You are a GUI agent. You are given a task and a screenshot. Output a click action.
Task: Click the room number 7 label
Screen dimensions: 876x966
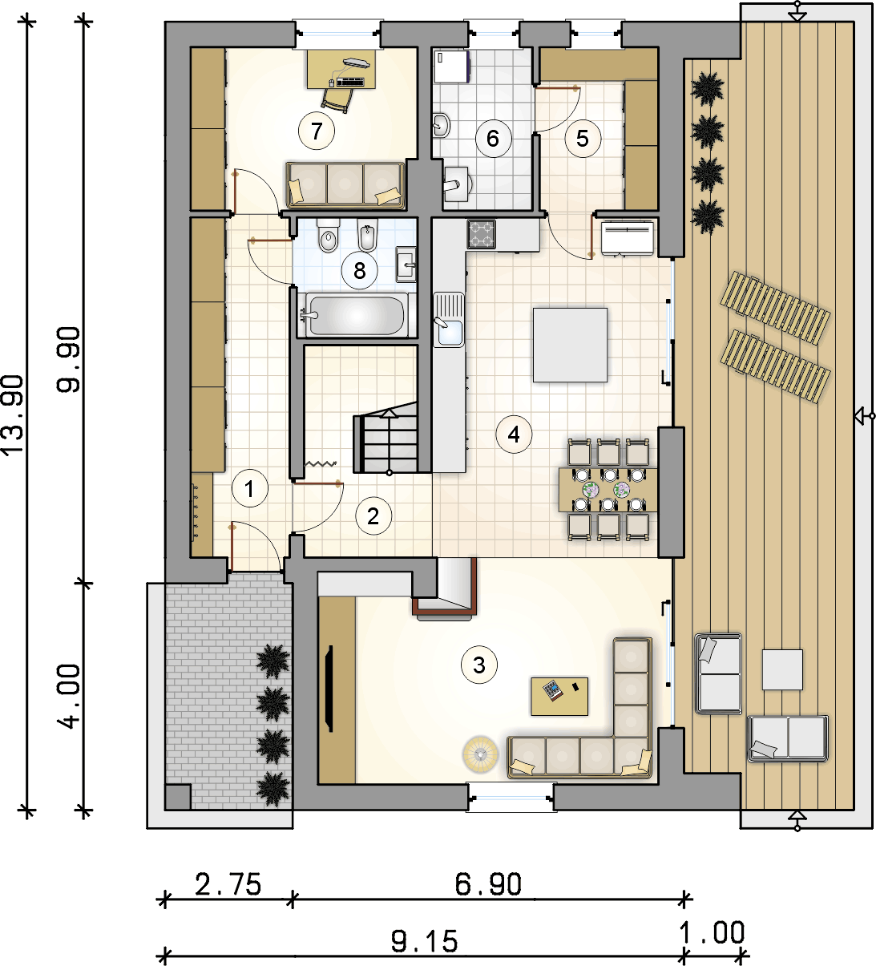point(317,131)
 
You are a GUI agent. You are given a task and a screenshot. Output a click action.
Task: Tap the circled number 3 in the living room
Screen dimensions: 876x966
point(479,665)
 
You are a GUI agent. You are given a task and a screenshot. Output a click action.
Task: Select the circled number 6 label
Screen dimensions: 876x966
point(493,139)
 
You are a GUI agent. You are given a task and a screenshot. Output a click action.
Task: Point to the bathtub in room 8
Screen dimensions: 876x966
point(357,315)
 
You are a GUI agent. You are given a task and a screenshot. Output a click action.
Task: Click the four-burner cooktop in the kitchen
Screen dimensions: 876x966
point(482,233)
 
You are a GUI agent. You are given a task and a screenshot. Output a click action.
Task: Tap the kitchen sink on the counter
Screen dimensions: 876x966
point(449,319)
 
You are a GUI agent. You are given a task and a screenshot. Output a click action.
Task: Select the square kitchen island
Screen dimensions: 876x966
point(570,345)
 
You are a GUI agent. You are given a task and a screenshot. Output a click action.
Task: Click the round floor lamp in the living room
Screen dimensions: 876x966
point(480,754)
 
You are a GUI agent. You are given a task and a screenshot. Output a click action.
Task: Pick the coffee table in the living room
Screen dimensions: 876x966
point(559,697)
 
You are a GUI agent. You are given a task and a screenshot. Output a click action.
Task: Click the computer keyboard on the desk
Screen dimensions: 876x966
point(350,82)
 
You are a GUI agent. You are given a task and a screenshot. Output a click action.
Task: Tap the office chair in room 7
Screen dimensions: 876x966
point(337,101)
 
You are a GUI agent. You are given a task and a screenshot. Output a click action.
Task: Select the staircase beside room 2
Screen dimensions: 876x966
point(386,437)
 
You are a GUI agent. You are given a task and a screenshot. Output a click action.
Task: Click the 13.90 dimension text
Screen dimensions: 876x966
point(13,414)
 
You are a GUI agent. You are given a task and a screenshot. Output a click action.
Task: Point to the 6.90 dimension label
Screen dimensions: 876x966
point(488,884)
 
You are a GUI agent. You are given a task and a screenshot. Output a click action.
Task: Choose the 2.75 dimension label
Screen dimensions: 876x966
point(228,883)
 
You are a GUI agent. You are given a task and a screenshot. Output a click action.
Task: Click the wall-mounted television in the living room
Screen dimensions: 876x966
point(330,689)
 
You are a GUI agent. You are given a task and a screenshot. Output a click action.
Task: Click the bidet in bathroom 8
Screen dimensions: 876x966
point(368,236)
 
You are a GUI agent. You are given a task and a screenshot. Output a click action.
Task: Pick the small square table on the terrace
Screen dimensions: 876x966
point(782,670)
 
